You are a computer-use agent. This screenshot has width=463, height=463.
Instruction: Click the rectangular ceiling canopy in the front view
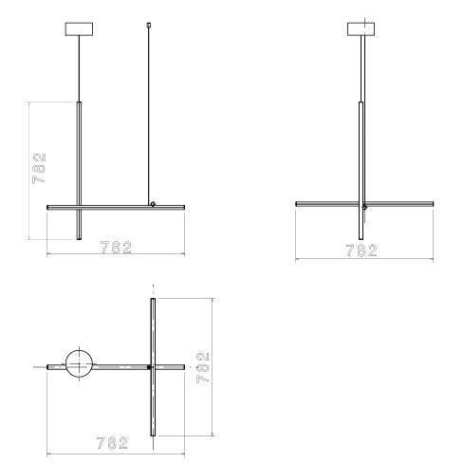[x=79, y=28]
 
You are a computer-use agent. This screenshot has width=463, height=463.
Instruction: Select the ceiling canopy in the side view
[x=361, y=28]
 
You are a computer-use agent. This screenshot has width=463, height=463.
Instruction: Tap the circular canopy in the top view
[x=79, y=363]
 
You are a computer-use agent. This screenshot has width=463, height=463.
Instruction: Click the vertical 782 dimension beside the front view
[x=39, y=168]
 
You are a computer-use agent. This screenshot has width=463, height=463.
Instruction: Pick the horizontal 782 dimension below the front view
[x=116, y=248]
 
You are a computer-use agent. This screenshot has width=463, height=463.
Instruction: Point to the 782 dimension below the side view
[x=361, y=250]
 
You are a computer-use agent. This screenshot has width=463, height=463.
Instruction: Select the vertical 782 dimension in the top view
[x=203, y=367]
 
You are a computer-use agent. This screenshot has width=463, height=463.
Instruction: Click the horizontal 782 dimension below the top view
[x=112, y=443]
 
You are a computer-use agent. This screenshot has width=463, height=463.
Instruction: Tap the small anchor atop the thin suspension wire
[x=149, y=25]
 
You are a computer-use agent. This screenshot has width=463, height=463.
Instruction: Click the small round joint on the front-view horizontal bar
[x=153, y=204]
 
